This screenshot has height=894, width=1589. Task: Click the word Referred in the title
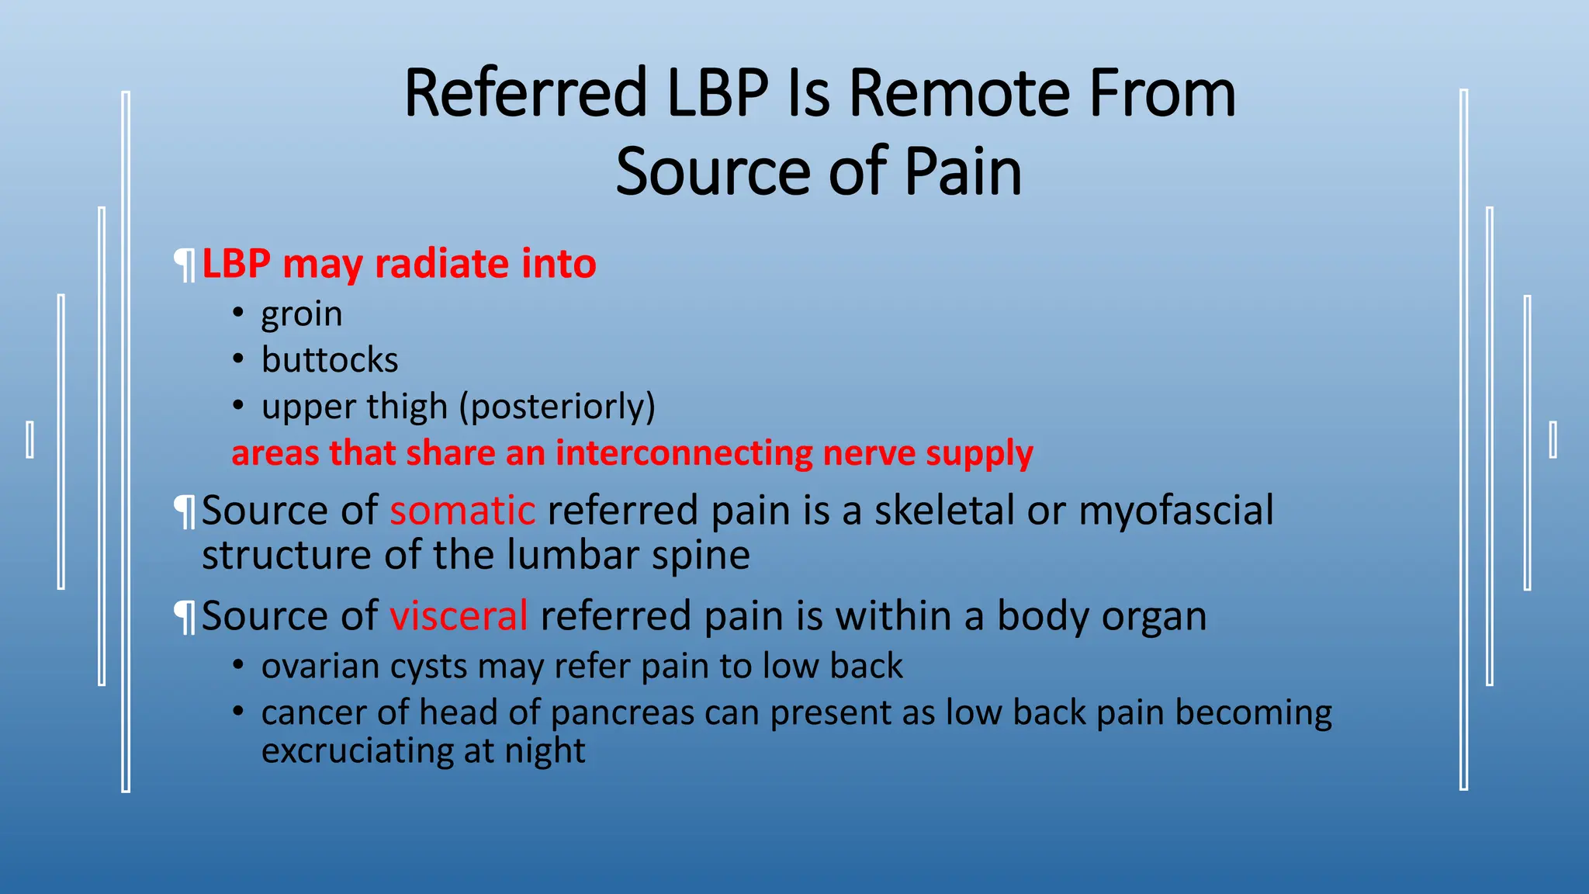(x=525, y=93)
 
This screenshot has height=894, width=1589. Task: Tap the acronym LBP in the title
(x=717, y=93)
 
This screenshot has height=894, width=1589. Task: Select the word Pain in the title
(x=962, y=172)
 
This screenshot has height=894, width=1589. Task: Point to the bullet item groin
(x=301, y=314)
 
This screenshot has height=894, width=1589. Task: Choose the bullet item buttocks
(x=329, y=360)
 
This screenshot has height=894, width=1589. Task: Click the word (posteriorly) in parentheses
(x=557, y=407)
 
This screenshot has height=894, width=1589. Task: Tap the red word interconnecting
(x=684, y=453)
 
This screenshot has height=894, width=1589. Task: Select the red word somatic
(x=462, y=511)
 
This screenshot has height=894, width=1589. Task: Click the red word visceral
(x=459, y=616)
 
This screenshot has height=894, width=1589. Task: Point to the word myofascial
(x=1175, y=511)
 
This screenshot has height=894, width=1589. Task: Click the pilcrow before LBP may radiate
(x=185, y=265)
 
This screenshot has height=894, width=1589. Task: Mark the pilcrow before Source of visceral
(x=185, y=618)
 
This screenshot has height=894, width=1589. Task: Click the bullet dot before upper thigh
(x=239, y=405)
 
